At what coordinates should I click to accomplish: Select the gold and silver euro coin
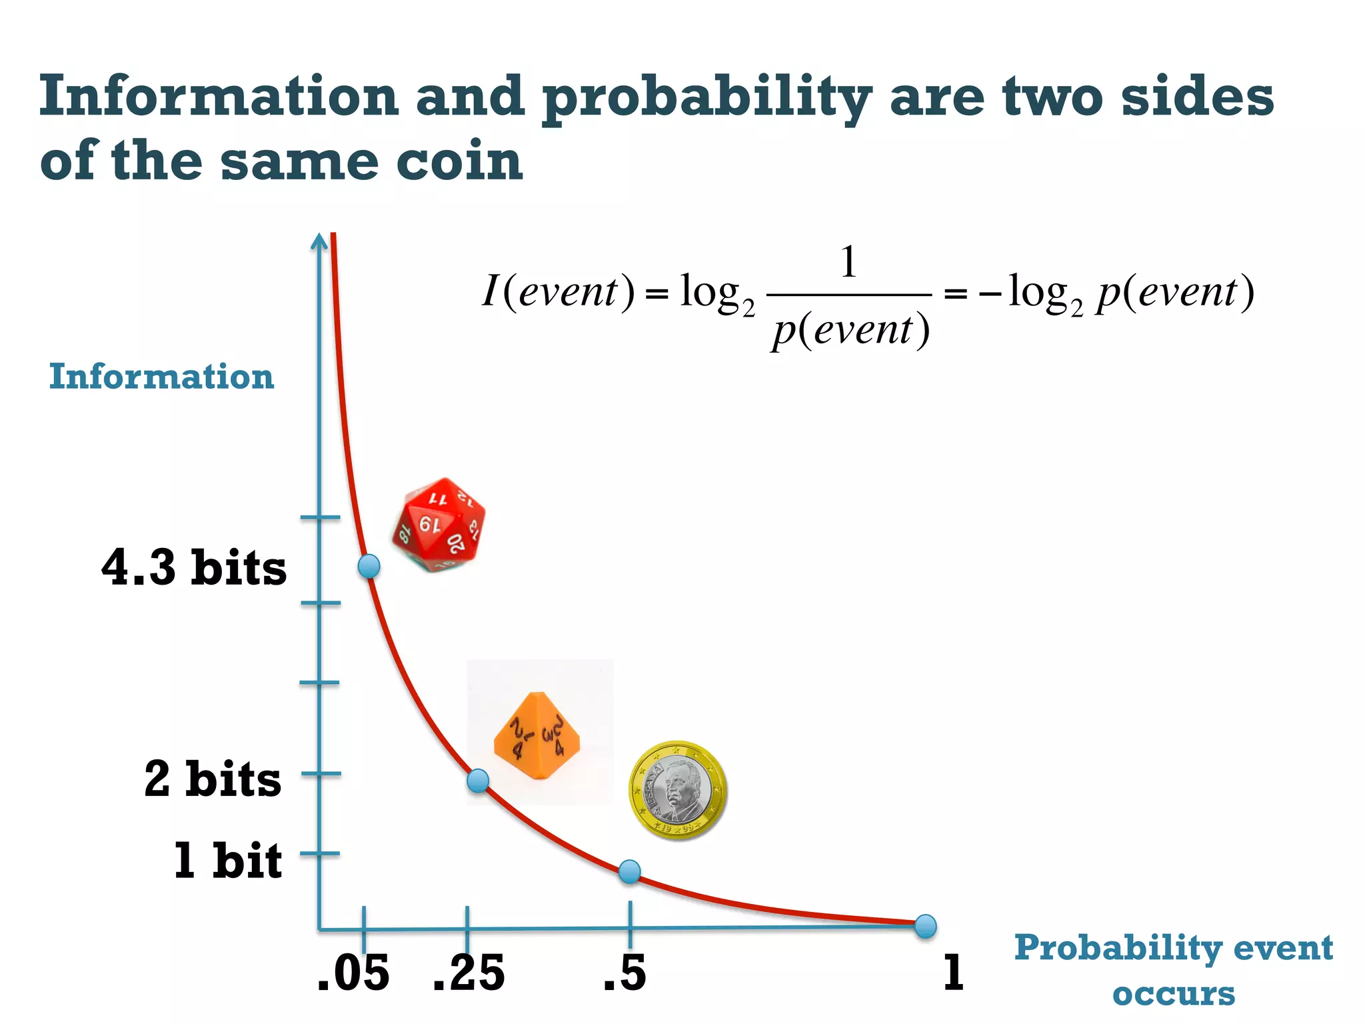677,790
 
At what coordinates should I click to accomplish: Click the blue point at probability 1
925,925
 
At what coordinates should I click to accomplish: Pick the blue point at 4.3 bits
369,566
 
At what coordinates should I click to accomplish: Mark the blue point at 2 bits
478,780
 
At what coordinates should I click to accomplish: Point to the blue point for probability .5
630,871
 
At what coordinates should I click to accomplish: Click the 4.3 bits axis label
194,568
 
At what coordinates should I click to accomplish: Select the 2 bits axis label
213,779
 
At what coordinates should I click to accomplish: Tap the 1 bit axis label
227,860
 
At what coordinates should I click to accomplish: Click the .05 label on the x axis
354,973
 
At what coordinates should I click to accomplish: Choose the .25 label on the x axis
469,973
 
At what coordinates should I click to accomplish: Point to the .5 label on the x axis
625,973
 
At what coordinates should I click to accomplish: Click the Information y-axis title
161,377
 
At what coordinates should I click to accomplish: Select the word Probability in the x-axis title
1117,949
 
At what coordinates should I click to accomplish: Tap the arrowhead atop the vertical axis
320,240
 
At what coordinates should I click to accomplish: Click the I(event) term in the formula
558,291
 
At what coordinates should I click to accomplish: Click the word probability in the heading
706,98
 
